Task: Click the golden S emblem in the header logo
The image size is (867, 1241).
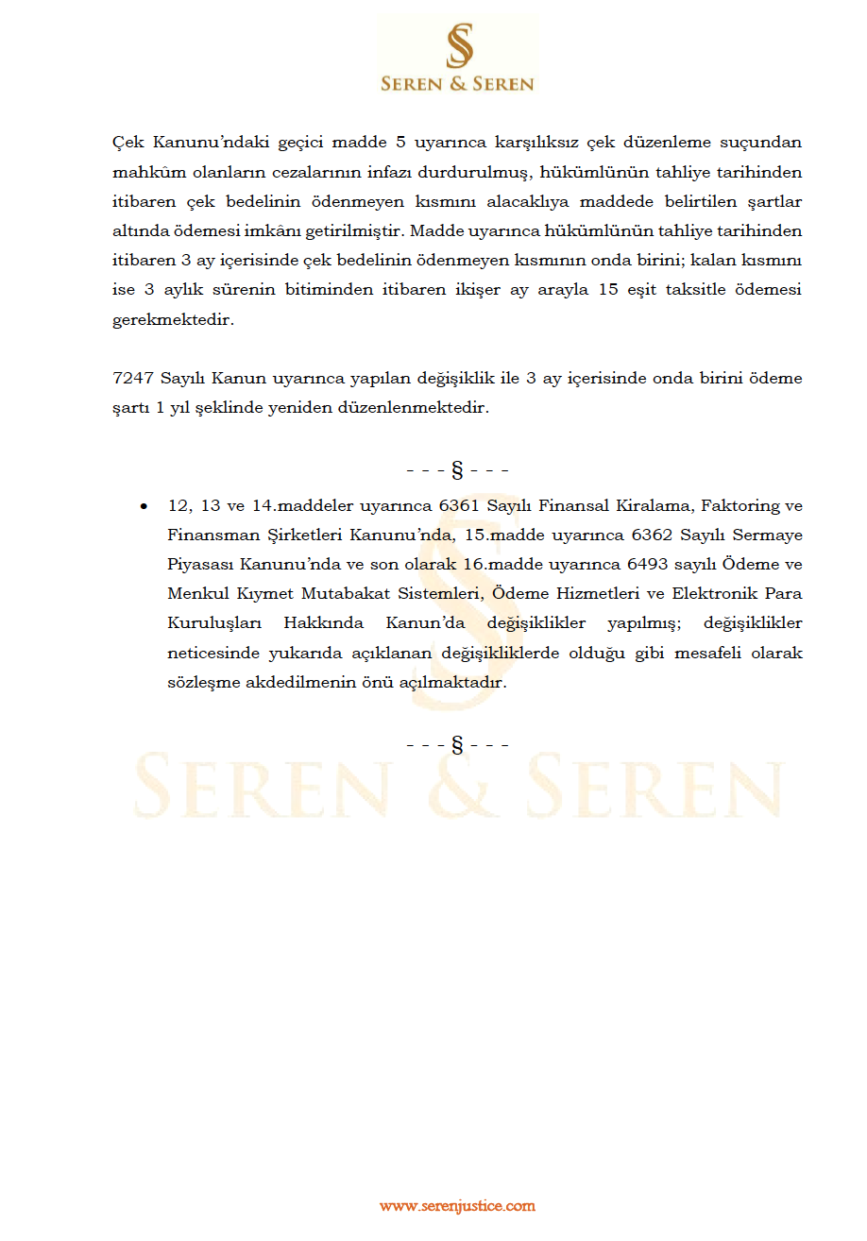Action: tap(458, 47)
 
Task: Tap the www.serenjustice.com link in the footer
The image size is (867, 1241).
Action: tap(457, 1206)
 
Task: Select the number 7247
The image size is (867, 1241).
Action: tap(131, 379)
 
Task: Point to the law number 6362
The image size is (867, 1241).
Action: tap(649, 535)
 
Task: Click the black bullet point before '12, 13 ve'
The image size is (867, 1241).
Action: tap(144, 507)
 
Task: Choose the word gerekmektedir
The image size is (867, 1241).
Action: tap(172, 319)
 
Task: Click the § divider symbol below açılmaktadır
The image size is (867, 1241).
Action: tap(457, 745)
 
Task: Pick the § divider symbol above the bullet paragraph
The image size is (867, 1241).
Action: tap(457, 469)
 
